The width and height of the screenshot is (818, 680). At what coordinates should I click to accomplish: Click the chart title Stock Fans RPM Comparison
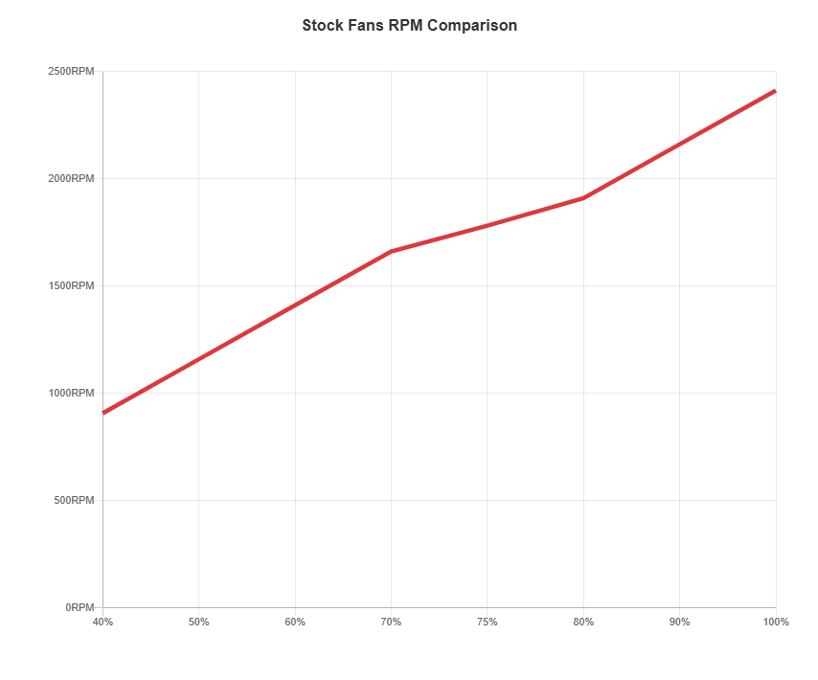(x=409, y=26)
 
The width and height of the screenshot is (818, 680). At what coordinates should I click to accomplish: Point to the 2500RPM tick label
(x=71, y=72)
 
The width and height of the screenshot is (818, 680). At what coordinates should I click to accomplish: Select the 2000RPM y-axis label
(x=71, y=179)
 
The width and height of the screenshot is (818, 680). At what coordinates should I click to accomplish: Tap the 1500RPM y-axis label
(x=71, y=286)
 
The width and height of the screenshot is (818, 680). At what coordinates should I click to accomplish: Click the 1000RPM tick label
(x=71, y=394)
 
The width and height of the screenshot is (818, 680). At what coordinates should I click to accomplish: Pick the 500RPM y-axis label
(x=74, y=500)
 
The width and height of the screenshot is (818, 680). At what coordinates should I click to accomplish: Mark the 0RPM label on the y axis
(x=80, y=607)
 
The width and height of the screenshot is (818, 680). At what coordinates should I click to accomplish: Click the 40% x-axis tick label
(x=102, y=623)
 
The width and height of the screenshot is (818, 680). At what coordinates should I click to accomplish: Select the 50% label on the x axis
(x=198, y=623)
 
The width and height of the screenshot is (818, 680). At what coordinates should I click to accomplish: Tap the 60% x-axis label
(x=295, y=623)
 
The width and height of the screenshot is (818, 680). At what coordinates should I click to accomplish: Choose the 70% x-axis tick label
(x=391, y=623)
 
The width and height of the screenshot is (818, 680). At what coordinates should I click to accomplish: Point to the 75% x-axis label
(x=487, y=623)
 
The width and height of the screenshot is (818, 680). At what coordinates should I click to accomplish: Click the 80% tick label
(x=583, y=623)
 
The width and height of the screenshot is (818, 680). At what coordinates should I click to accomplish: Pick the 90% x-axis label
(x=679, y=623)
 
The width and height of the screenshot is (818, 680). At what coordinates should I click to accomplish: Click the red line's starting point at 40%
(x=103, y=412)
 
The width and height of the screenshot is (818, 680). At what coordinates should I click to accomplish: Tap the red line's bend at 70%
(x=391, y=251)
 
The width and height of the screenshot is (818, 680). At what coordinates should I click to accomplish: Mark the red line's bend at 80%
(x=583, y=198)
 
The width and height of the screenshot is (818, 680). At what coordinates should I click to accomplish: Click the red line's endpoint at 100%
(x=774, y=91)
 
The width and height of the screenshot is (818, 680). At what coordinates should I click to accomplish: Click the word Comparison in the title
(x=471, y=26)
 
